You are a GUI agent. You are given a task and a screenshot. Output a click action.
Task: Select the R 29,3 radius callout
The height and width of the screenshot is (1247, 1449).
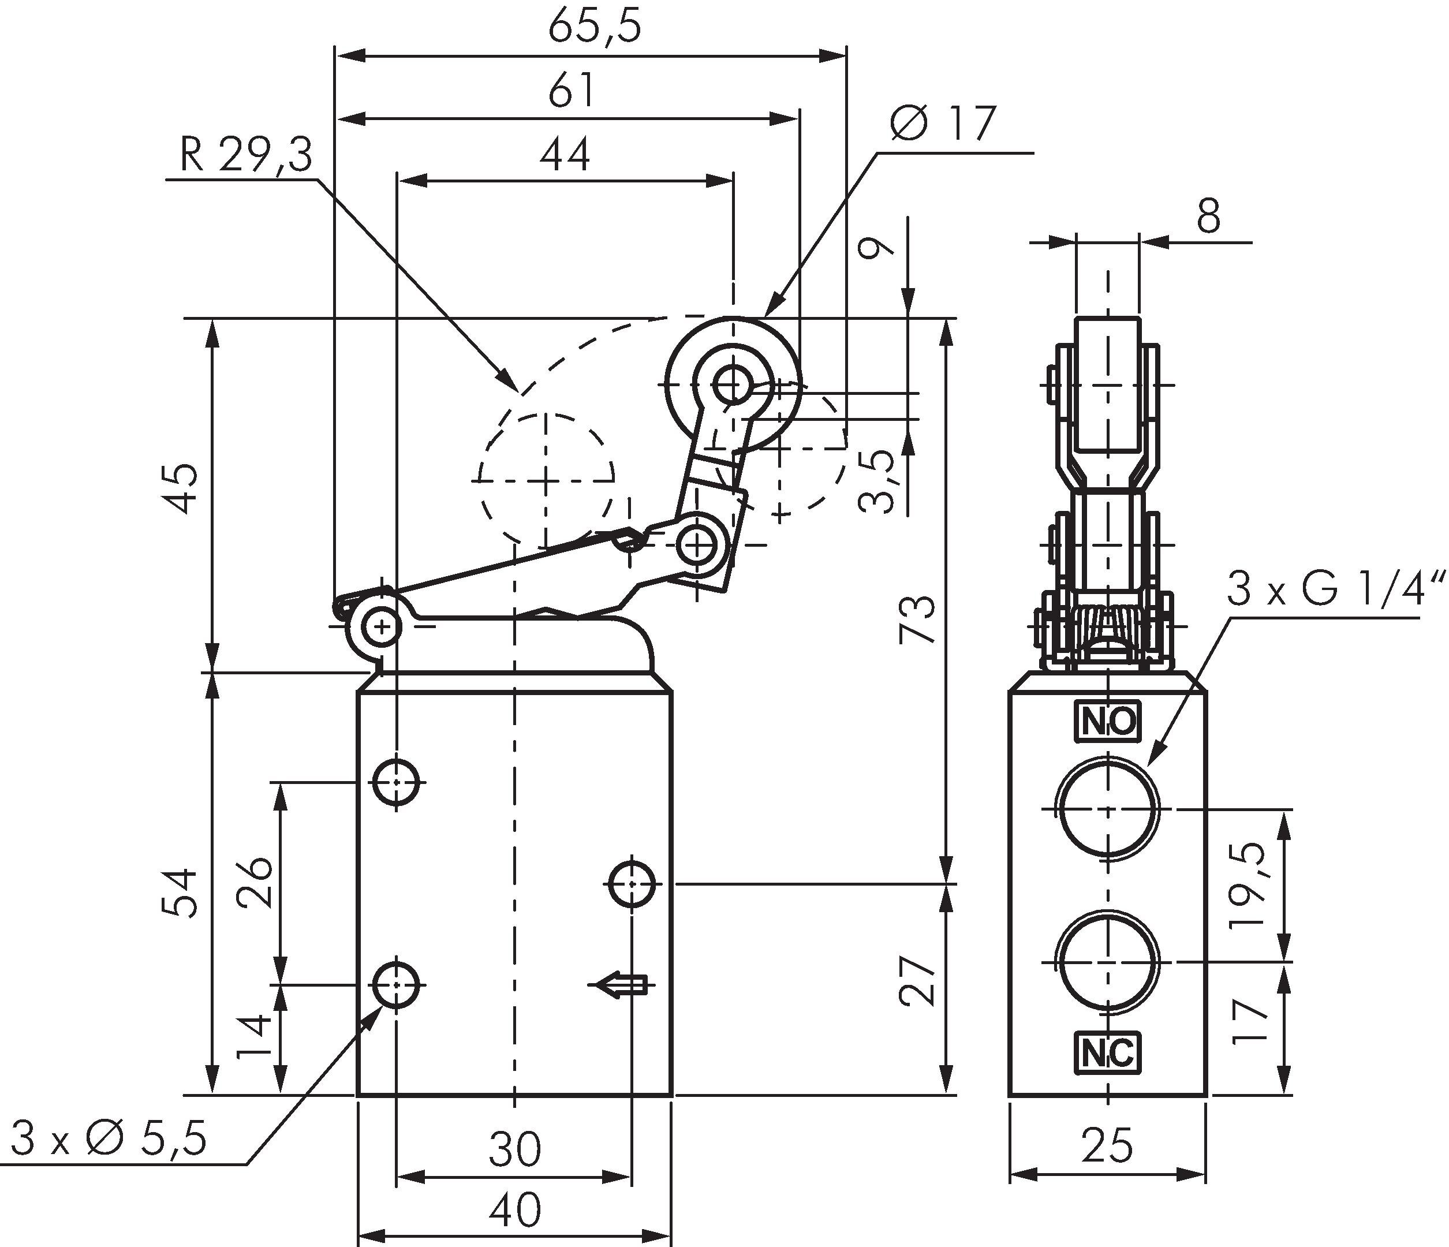(245, 155)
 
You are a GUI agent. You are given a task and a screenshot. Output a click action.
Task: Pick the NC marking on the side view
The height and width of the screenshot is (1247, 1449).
(1108, 1053)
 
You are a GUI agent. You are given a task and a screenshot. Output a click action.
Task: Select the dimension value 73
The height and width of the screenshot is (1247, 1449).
(917, 619)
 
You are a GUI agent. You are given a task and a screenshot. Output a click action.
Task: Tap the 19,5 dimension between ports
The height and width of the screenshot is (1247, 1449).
(1249, 884)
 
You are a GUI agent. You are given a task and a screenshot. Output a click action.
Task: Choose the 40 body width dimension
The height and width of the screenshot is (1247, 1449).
(515, 1210)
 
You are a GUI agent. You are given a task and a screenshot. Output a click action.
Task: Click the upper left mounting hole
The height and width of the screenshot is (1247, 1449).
(397, 782)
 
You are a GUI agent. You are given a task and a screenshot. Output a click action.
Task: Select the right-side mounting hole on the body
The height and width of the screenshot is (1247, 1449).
(632, 884)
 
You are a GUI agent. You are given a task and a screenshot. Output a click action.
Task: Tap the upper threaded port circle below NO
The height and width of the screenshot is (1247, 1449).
(1108, 810)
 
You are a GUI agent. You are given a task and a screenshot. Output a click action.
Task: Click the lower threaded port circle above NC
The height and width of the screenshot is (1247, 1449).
(1108, 962)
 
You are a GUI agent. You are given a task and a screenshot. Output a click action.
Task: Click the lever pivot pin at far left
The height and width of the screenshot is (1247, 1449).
(382, 626)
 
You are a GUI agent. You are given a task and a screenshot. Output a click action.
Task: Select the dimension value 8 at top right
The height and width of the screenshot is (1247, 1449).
(1208, 217)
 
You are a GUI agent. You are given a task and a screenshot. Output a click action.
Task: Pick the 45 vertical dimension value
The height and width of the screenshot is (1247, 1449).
(185, 487)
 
